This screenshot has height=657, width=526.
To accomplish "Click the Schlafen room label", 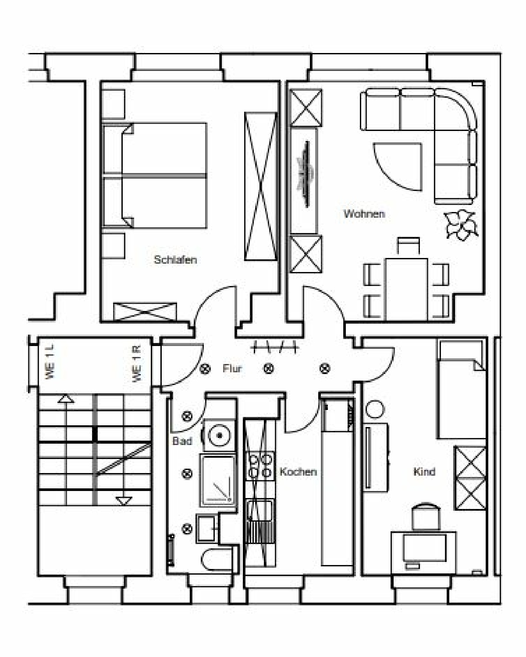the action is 175,260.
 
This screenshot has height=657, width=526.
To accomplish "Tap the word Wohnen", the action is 364,214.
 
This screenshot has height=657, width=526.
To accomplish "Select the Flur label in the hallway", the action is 232,368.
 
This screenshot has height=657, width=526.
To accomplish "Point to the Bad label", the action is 182,441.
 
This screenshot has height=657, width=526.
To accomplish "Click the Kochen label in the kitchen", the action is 298,472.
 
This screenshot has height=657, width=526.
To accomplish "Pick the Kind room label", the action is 424,472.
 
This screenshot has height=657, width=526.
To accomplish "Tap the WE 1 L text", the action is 50,362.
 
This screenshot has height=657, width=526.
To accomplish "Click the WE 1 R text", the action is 137,364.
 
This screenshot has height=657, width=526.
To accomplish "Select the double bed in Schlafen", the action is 155,176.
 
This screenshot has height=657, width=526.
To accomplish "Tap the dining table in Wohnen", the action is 406,289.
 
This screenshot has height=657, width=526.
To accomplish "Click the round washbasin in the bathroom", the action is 220,435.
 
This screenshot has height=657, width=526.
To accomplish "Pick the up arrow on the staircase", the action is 66,399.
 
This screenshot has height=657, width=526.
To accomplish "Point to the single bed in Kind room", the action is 462,390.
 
